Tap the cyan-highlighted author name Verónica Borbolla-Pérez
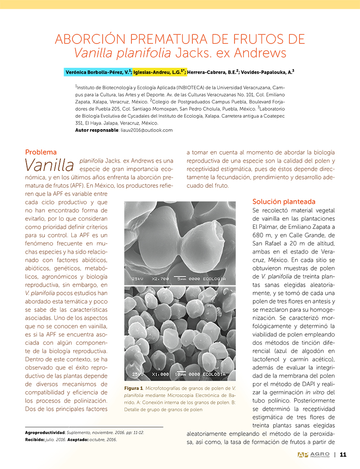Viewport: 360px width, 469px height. [98, 72]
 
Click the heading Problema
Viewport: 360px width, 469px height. [41, 152]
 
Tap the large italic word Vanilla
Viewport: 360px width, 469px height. [49, 165]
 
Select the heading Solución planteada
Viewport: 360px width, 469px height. [284, 202]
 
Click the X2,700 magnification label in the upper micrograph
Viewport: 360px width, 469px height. [161, 279]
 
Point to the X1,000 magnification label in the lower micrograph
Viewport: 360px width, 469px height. [161, 374]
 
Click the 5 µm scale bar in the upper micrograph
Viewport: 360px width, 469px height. [182, 278]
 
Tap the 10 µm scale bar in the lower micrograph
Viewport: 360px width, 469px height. [182, 374]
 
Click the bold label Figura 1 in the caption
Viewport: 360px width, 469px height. [133, 388]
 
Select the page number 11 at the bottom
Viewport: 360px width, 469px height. [343, 455]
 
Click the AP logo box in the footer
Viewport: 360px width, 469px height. [302, 455]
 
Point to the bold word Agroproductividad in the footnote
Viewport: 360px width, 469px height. [45, 432]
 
